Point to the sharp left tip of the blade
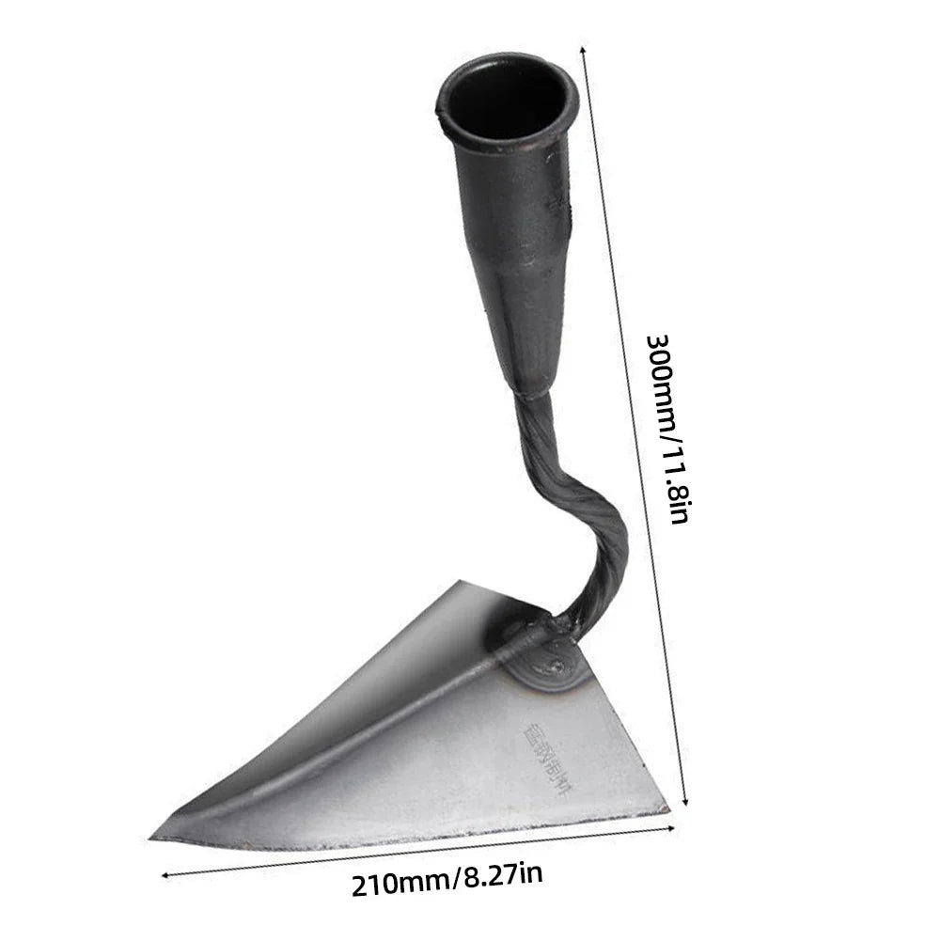coord(156,837)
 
